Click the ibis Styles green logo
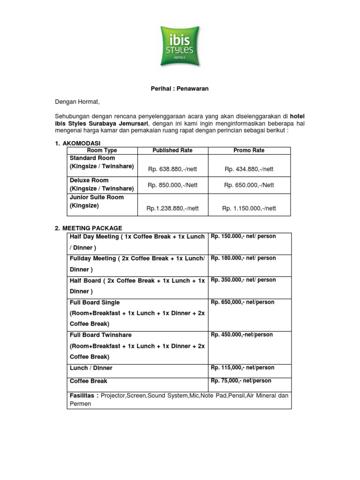tap(180, 45)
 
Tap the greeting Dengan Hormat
tap(77, 101)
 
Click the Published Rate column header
tap(172, 150)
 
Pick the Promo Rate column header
tap(249, 150)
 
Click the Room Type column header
tap(102, 150)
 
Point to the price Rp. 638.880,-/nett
tap(172, 169)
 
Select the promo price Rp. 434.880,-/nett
tap(249, 169)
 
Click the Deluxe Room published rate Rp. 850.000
tap(172, 185)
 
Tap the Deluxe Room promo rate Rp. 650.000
tap(249, 185)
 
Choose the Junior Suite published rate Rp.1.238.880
tap(172, 209)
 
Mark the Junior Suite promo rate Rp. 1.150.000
tap(249, 209)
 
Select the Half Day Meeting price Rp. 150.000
tap(243, 237)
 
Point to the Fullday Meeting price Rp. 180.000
tap(243, 258)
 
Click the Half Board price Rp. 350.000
tap(243, 280)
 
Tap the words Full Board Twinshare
tap(100, 335)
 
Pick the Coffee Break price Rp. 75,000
tap(241, 381)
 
